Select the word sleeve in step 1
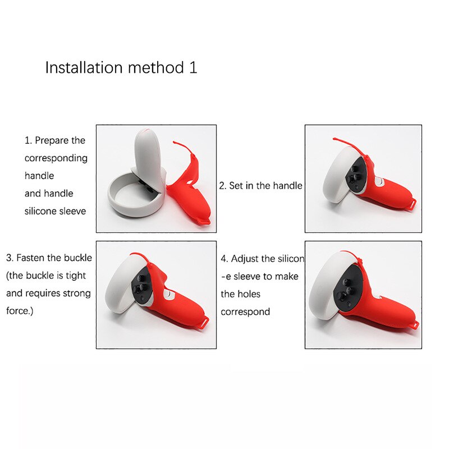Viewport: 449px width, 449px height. [x=72, y=211]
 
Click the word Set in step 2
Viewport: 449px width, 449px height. [x=237, y=185]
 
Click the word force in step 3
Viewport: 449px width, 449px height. [x=19, y=310]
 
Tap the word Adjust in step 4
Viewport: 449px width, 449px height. [x=245, y=259]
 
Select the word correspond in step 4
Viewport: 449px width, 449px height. [x=245, y=311]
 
